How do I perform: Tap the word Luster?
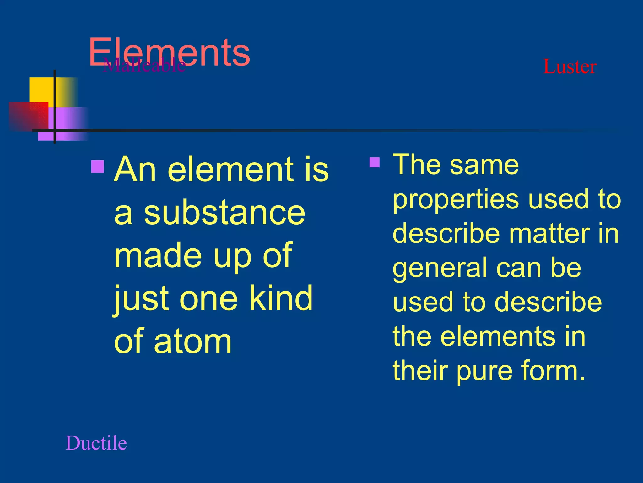[x=570, y=67]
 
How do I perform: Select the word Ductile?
[x=96, y=443]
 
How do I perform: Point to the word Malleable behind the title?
[x=144, y=65]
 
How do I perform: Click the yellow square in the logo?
[x=42, y=89]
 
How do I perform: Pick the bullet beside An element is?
[x=98, y=167]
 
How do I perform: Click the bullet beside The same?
[x=375, y=162]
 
